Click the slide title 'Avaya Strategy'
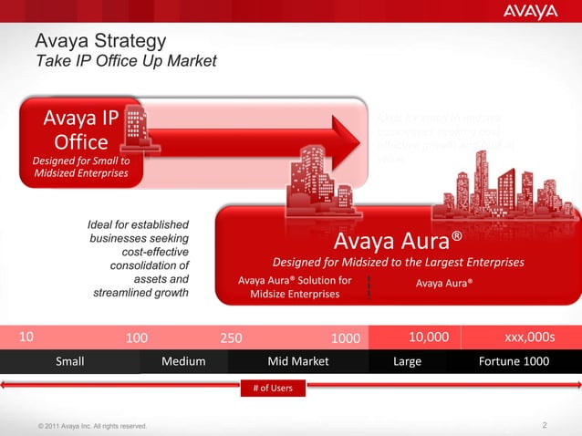100,42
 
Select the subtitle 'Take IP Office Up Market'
126,61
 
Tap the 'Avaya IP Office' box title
82,130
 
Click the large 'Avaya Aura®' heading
399,241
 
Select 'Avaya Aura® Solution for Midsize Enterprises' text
294,288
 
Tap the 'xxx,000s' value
529,337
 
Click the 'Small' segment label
70,362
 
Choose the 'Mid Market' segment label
297,362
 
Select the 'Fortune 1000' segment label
514,362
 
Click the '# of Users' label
271,390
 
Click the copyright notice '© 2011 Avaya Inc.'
88,427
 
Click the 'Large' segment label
407,362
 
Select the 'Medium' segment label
183,362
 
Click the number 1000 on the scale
345,337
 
